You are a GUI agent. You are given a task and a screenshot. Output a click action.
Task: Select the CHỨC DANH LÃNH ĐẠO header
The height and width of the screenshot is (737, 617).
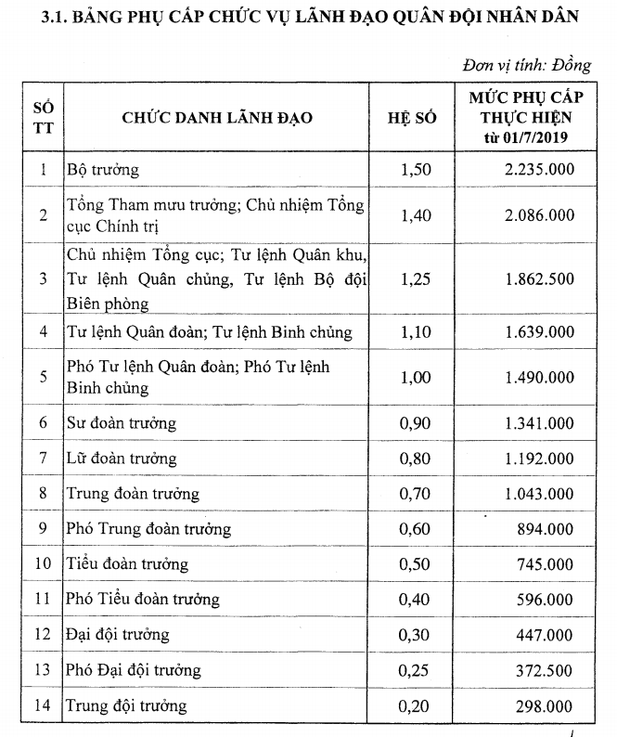pos(216,119)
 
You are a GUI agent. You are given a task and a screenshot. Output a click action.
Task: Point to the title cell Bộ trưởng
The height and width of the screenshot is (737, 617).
pos(102,170)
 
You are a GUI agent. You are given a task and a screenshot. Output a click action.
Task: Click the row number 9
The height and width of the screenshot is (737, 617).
pos(42,529)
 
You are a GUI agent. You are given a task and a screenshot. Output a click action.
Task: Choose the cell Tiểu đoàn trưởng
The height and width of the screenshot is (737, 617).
pos(126,564)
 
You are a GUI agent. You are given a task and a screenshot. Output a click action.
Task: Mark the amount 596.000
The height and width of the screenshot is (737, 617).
pos(544,600)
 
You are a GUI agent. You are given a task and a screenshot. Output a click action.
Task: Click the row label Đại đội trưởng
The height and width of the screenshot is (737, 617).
pos(117,635)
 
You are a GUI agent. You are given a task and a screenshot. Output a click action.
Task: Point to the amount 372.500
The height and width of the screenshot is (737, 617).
pos(544,670)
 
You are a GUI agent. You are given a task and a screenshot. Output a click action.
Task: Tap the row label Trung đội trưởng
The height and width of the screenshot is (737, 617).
pos(126,705)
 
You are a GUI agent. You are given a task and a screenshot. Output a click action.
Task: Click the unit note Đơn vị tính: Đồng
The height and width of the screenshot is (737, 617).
pos(526,66)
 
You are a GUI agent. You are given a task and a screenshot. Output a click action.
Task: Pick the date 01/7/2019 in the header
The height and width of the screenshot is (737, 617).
pos(536,138)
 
